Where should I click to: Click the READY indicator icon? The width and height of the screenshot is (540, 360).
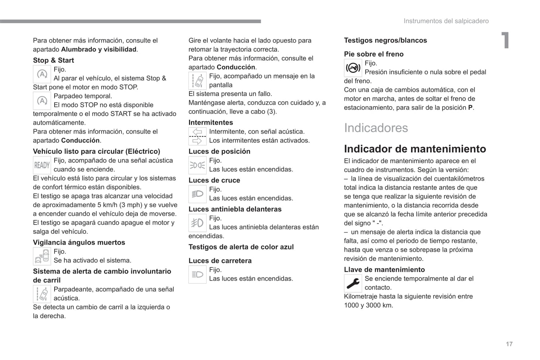(42, 165)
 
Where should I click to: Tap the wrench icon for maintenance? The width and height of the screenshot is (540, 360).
(353, 283)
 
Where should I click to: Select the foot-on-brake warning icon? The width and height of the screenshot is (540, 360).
(353, 68)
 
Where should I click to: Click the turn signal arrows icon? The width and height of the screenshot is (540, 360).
(197, 136)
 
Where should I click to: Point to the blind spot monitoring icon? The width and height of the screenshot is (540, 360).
(42, 256)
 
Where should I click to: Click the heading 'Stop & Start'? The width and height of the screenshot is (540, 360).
(53, 60)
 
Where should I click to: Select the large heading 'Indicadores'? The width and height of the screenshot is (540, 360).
(376, 128)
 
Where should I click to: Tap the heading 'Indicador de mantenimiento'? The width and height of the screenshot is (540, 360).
(415, 149)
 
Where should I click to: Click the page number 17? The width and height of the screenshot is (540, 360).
(509, 344)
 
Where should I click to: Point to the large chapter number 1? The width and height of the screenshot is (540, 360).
(505, 40)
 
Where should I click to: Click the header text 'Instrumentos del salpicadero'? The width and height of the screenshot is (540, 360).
(446, 21)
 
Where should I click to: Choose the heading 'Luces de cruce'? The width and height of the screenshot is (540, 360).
(214, 180)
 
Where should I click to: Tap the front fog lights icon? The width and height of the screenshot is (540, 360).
(197, 223)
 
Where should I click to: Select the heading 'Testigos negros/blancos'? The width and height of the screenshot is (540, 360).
(385, 40)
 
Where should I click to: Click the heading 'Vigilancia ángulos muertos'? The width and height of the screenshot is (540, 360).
(79, 243)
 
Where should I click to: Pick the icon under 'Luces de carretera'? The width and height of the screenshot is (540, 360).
(197, 274)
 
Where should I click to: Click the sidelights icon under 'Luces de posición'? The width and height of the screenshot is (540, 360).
(197, 165)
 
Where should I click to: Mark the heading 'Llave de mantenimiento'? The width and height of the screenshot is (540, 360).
(384, 270)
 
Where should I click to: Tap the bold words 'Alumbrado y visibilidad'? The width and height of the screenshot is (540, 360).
(99, 50)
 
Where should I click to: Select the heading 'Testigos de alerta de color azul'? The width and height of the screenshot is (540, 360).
(241, 247)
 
